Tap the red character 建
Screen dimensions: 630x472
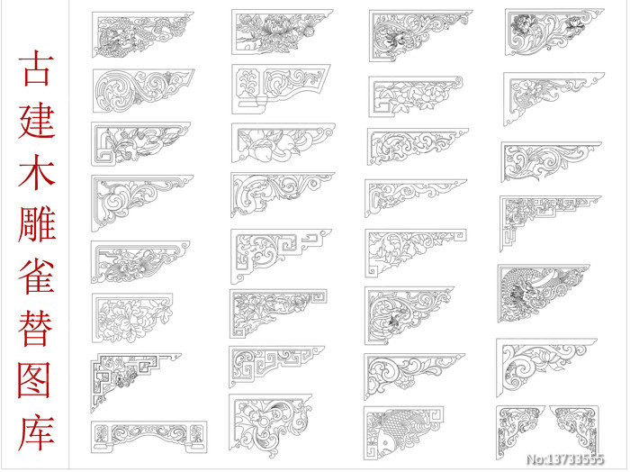36,121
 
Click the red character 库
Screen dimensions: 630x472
36,432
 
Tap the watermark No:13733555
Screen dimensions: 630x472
565,459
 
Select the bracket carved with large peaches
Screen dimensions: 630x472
283,142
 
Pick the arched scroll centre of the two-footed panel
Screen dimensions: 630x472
148,433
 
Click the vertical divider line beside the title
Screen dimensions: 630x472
68,235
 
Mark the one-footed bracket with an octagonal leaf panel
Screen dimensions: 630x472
281,89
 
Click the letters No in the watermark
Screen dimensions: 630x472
534,459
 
